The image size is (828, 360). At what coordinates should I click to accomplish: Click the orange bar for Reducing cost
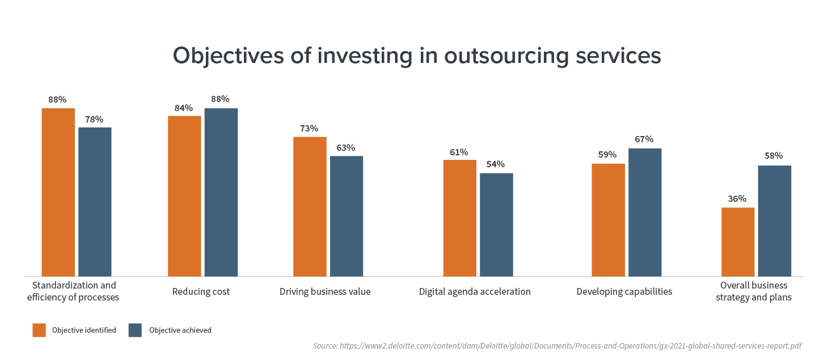click(x=184, y=196)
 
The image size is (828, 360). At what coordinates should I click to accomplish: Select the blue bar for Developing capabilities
click(x=645, y=212)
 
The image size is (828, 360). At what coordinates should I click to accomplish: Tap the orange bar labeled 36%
click(x=738, y=242)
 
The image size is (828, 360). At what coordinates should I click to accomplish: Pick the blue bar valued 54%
click(x=496, y=225)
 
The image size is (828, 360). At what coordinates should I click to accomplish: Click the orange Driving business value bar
click(x=310, y=206)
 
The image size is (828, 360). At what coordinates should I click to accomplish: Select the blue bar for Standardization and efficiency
click(x=95, y=201)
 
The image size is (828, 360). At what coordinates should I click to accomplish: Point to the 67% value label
click(x=644, y=139)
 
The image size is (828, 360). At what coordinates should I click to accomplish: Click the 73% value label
click(x=309, y=128)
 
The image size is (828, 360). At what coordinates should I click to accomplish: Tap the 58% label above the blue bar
click(x=774, y=155)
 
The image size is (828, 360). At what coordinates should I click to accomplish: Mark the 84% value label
click(x=184, y=108)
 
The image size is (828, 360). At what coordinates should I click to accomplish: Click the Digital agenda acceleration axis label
click(x=475, y=292)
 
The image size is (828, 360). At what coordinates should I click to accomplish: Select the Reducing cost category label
click(x=201, y=292)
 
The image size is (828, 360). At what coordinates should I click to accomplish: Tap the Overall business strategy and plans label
click(x=754, y=291)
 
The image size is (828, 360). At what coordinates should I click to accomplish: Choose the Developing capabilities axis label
click(x=624, y=292)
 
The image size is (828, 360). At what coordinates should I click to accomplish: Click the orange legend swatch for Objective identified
click(x=39, y=330)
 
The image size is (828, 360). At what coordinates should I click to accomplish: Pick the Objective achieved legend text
click(x=180, y=330)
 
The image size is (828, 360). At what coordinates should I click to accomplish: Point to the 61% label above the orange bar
click(x=459, y=152)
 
